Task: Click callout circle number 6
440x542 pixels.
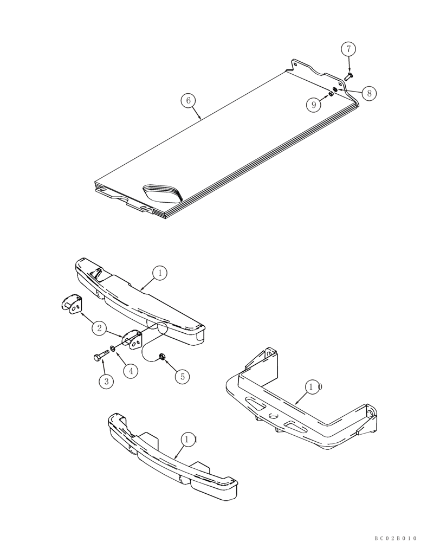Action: point(188,100)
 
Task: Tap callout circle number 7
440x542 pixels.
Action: point(348,49)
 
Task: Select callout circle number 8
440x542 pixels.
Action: point(368,93)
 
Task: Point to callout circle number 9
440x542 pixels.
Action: point(314,105)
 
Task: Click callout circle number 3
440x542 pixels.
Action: point(106,381)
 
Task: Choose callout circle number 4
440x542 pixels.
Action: point(130,371)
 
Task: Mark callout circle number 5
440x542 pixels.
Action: point(183,376)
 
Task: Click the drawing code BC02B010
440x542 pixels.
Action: point(395,538)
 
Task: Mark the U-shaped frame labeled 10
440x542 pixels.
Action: point(303,412)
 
